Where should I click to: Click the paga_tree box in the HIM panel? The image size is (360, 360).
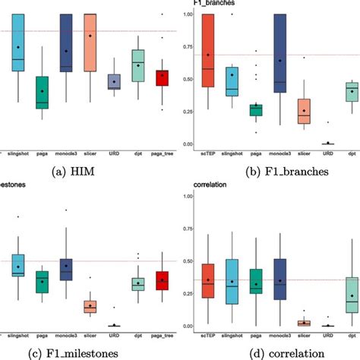tap(161, 77)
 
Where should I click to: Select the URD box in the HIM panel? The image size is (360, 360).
tap(114, 82)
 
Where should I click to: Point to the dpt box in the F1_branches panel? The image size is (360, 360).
tap(352, 91)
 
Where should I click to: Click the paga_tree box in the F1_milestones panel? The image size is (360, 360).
tap(161, 281)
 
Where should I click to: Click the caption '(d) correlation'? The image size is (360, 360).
tap(273, 352)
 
